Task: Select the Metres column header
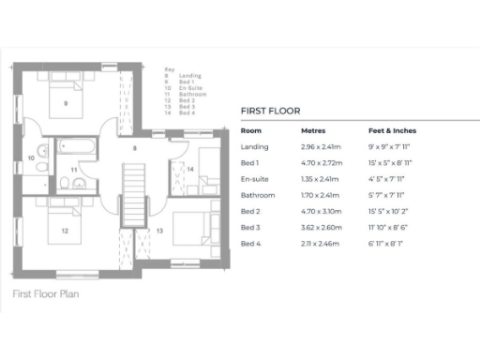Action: coord(313,131)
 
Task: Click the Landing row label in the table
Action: coord(254,147)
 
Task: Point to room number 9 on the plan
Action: coord(66,103)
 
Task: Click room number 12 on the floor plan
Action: coord(65,230)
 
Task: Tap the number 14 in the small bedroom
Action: coord(190,170)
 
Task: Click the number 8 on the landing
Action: coord(135,149)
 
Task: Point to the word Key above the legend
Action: coord(169,70)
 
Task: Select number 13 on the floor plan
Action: coord(159,230)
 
